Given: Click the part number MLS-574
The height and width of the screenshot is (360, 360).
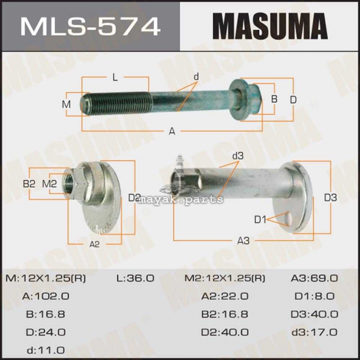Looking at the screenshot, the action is coord(90,26).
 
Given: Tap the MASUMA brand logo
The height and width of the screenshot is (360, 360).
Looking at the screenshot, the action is coord(270,26).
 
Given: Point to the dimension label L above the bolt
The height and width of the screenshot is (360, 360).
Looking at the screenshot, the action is coord(115,77).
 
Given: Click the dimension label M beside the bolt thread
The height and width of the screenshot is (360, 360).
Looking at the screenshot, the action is coord(67,104).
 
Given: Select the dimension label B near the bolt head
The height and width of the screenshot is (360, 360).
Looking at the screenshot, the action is coord(274,99).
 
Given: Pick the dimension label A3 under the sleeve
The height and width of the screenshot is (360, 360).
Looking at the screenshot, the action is coord(243,241).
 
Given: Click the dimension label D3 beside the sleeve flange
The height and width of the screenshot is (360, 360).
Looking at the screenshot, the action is coord(331,197).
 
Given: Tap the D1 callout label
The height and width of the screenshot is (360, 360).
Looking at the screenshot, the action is coord(260,220).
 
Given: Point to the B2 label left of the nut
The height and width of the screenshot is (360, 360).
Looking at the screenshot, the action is coord(29,184).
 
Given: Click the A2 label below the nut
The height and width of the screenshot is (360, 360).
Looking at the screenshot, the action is coord(94,245).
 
